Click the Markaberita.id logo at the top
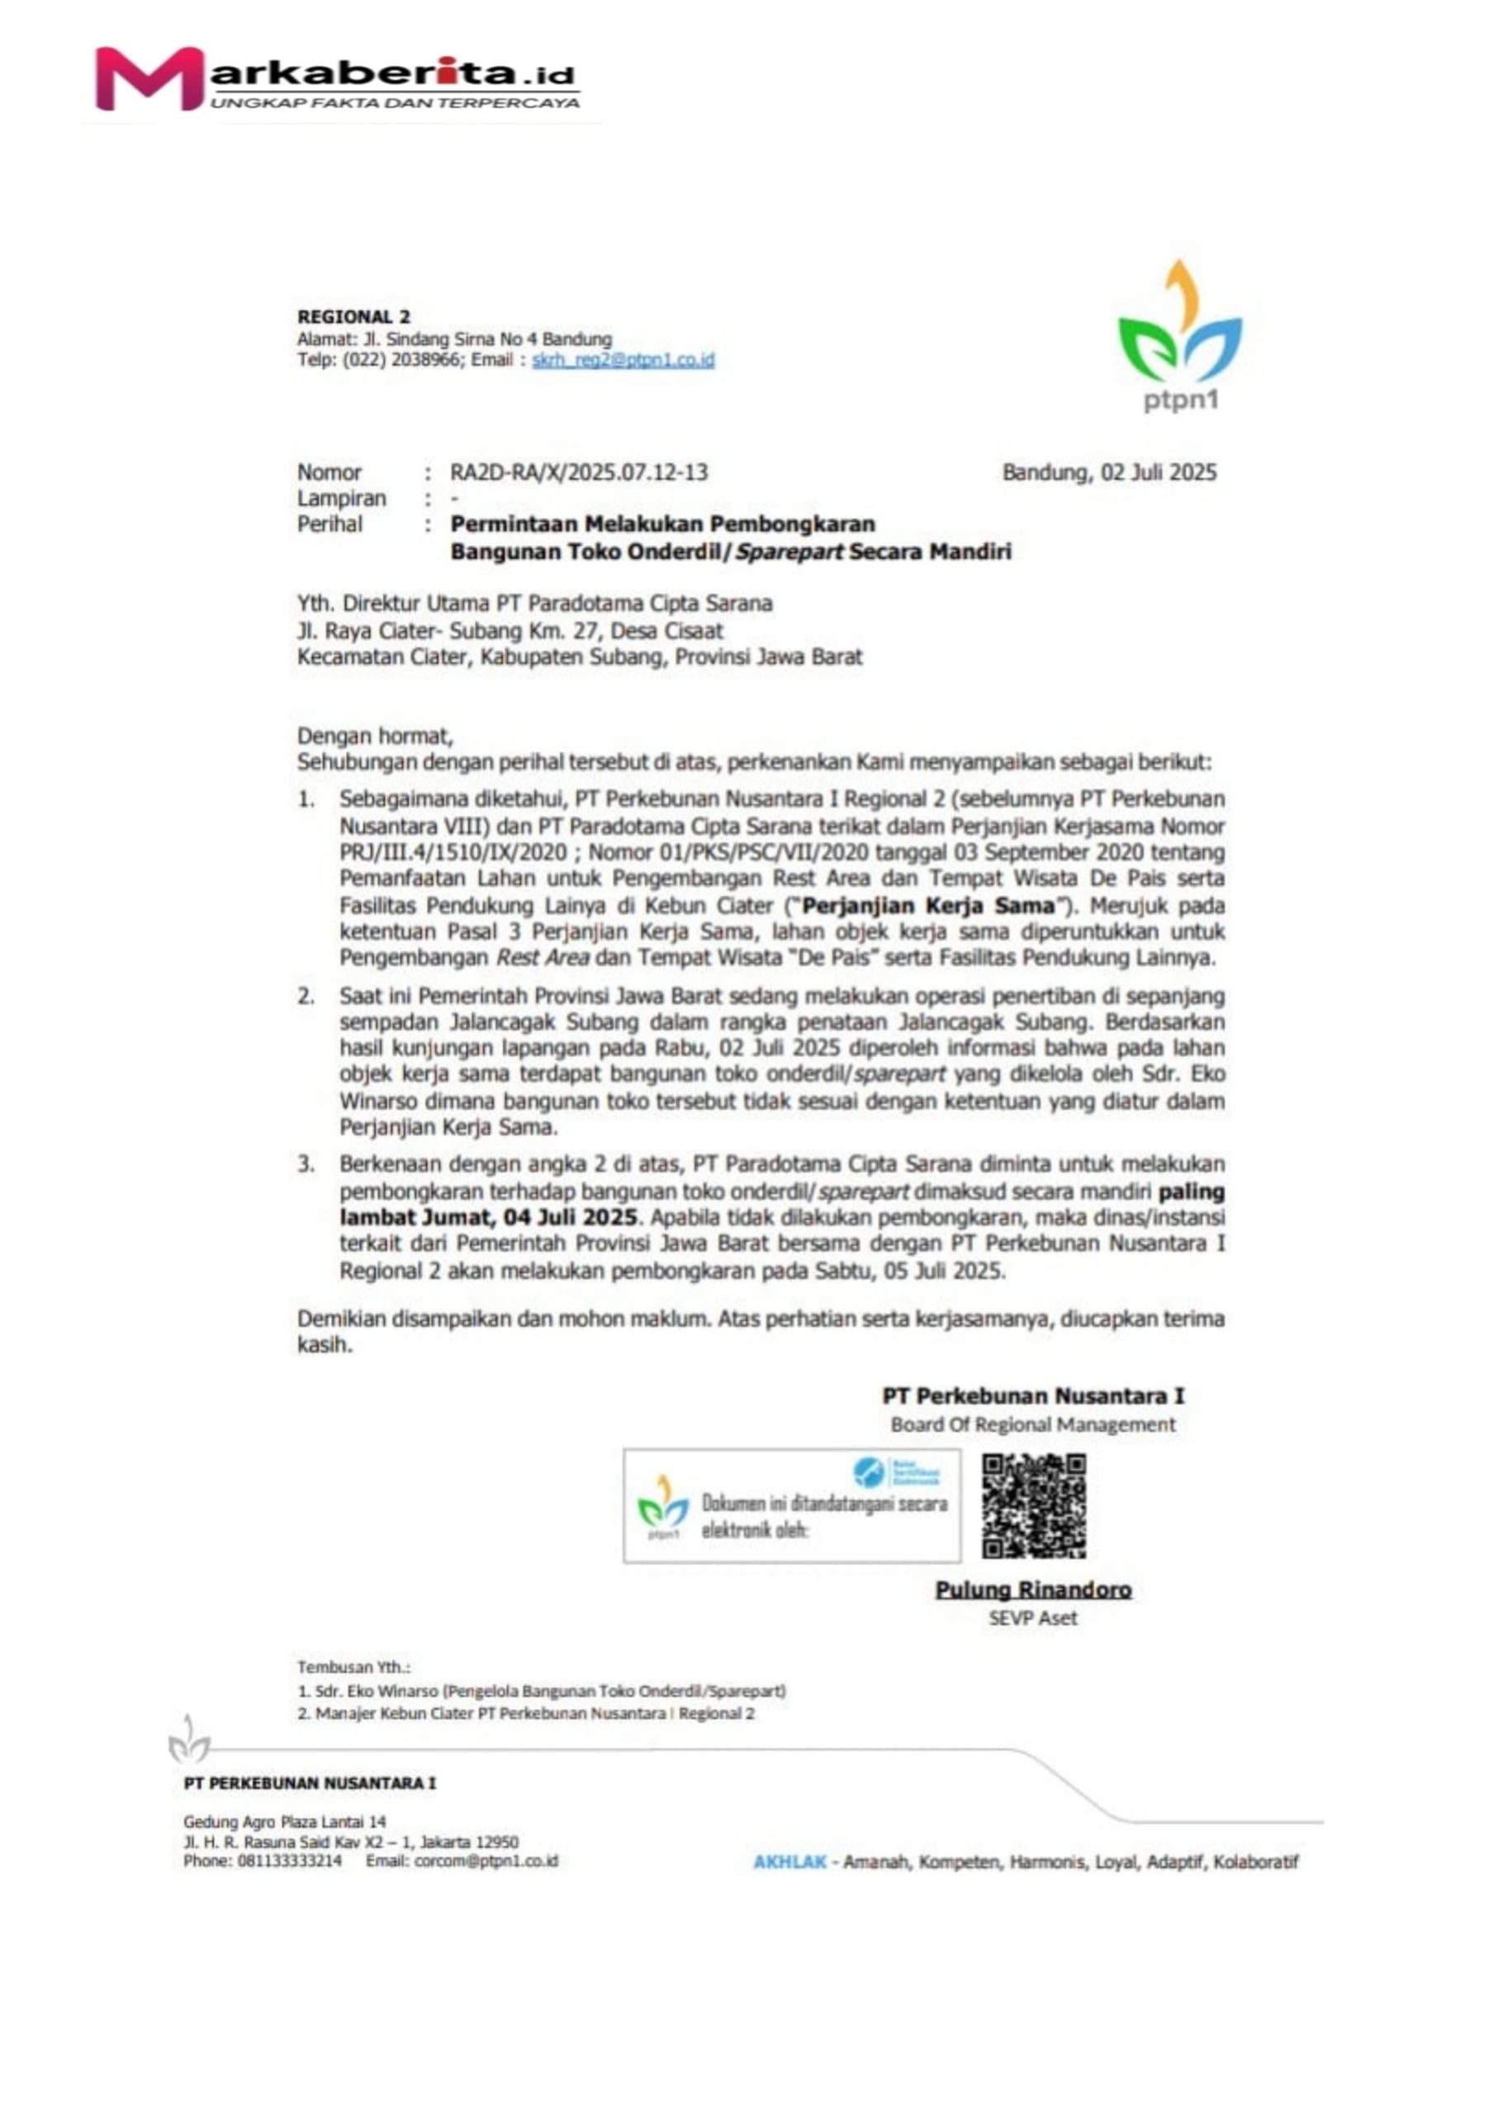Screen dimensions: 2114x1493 tap(336, 81)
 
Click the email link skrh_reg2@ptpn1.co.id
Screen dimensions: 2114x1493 tap(623, 360)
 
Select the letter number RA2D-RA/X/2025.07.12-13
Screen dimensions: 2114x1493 tap(578, 472)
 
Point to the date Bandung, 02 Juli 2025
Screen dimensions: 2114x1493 tap(1108, 472)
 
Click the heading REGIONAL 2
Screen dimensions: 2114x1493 tap(353, 317)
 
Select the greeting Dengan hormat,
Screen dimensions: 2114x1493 tap(375, 736)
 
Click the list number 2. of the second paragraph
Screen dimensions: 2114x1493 tap(306, 995)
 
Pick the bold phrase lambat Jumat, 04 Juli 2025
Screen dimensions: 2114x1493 tap(488, 1217)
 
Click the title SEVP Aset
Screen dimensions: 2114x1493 tap(1032, 1618)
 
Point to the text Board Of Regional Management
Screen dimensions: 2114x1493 tap(1032, 1424)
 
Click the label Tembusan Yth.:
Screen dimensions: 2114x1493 tap(353, 1666)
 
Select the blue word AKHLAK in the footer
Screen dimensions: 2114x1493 tap(789, 1861)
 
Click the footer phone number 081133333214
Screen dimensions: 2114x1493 tap(289, 1860)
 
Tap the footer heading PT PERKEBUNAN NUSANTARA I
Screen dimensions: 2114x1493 tap(310, 1783)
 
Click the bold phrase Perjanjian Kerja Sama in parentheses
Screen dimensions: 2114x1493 tap(928, 905)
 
